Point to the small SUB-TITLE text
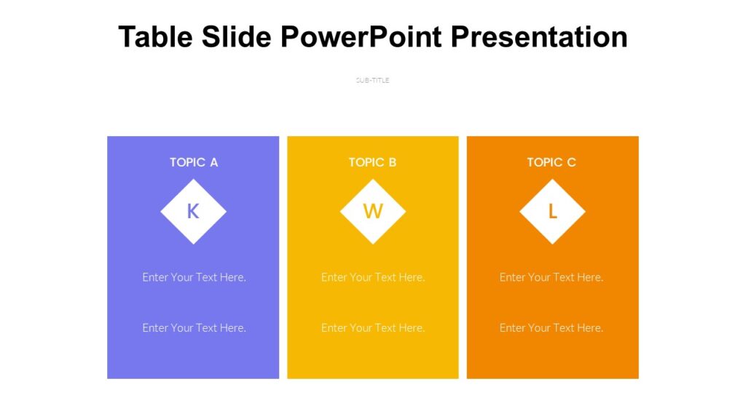(372, 80)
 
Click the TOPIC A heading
(194, 162)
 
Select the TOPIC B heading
(372, 162)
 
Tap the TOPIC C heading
(551, 162)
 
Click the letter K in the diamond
(193, 212)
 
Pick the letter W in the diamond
(372, 212)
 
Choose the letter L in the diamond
(552, 212)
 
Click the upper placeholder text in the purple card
(194, 277)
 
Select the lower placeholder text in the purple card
(194, 328)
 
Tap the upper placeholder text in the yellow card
(372, 277)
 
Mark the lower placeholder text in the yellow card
(372, 328)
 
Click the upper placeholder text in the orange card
(551, 277)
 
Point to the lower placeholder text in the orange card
(551, 328)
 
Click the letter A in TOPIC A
(213, 162)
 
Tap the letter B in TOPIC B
(393, 162)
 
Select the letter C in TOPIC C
(571, 162)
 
